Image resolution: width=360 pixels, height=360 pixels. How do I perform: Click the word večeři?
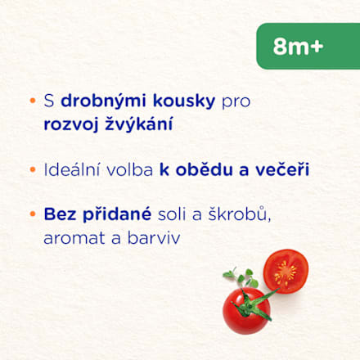(282, 171)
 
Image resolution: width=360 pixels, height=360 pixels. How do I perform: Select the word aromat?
(73, 238)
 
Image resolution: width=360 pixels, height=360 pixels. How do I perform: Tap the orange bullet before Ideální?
(31, 171)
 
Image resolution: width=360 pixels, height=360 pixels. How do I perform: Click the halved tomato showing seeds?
(285, 271)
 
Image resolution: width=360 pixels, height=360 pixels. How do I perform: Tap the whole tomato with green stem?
(246, 312)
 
